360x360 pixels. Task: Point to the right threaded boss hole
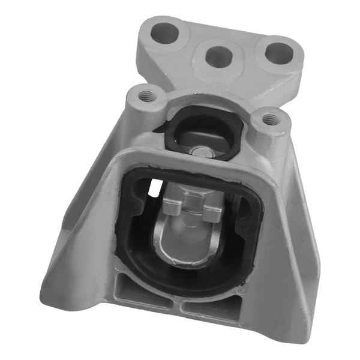[270, 119]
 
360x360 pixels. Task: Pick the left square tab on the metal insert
[172, 208]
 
